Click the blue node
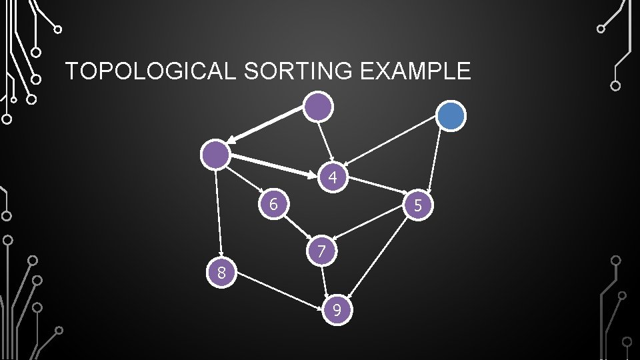451,116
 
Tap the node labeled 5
418,205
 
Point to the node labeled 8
221,272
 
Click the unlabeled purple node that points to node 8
216,155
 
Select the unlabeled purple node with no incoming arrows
319,106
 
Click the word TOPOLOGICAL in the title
151,71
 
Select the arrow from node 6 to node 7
297,227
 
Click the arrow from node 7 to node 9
325,281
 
